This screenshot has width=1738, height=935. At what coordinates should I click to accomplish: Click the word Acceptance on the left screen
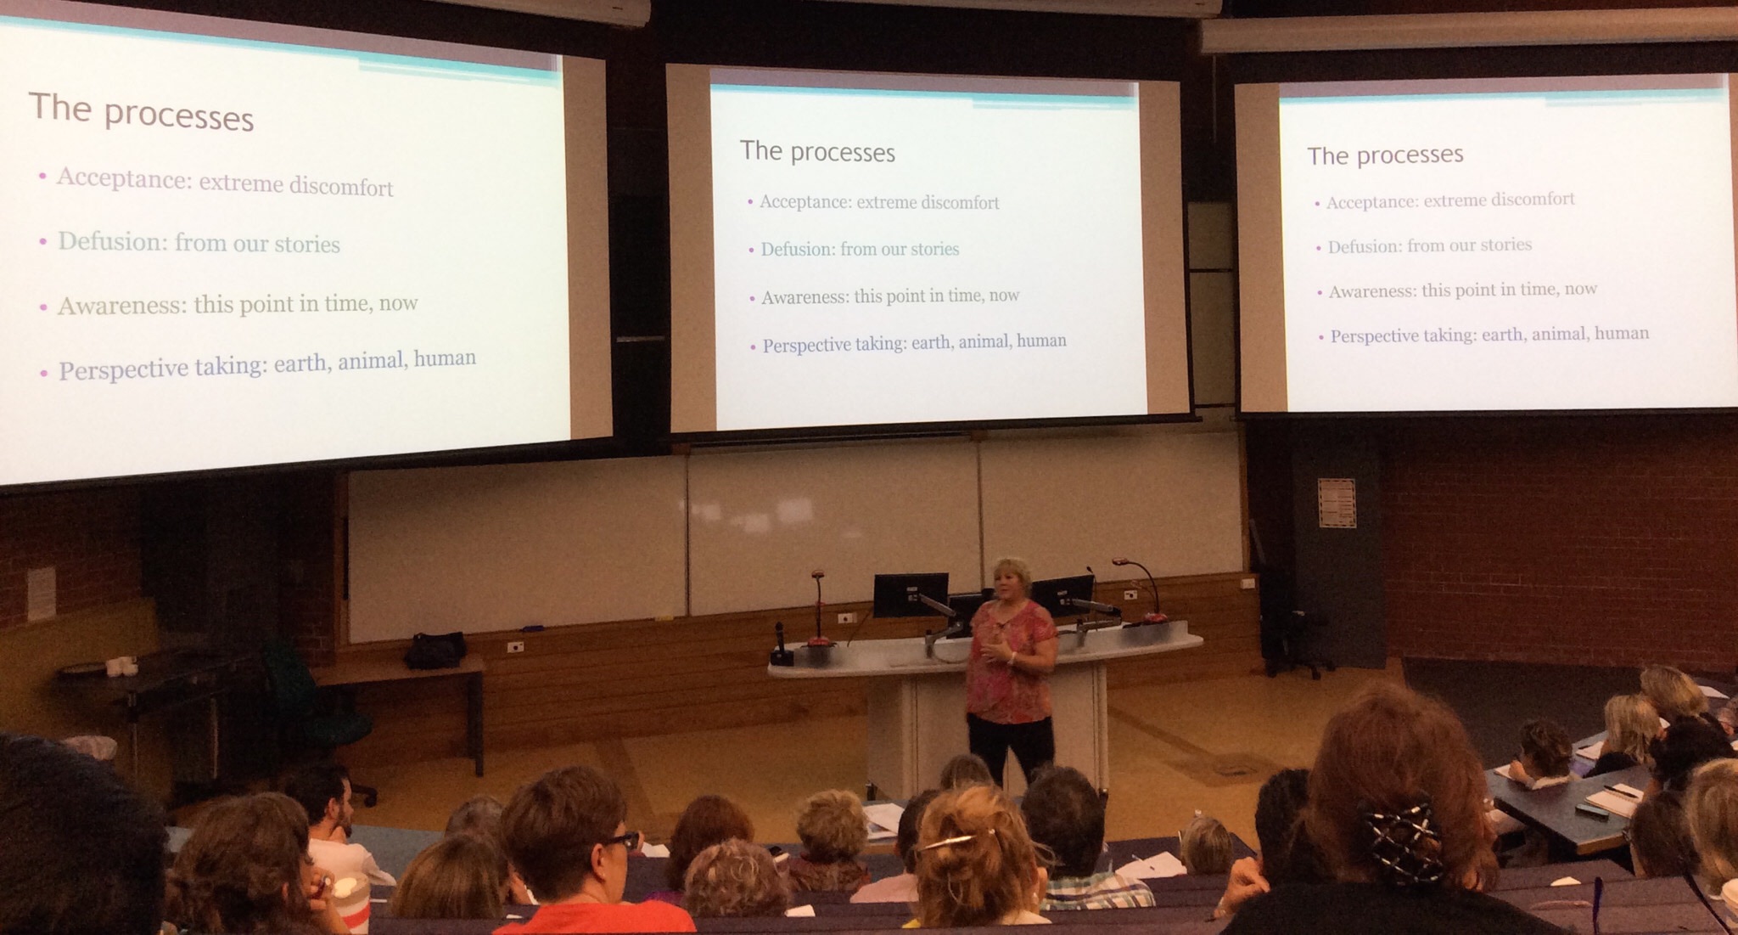click(122, 177)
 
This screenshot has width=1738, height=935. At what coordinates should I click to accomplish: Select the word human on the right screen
click(1622, 333)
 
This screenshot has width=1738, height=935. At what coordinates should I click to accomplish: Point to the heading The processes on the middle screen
click(817, 152)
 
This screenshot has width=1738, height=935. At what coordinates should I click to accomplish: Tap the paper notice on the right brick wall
click(1337, 503)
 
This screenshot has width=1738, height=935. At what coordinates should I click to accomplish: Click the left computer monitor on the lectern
click(911, 594)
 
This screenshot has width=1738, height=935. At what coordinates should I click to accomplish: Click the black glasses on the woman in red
click(622, 842)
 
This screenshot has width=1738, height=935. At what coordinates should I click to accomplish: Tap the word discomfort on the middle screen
click(960, 202)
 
